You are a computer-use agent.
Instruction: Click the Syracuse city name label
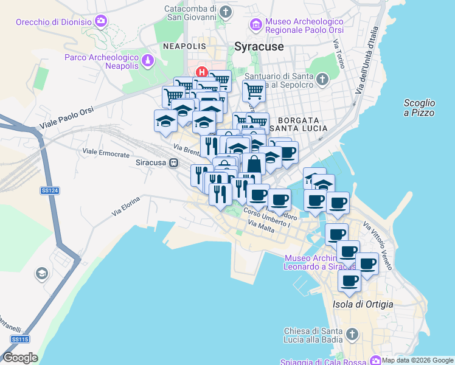click(259, 46)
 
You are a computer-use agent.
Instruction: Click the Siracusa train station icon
click(174, 162)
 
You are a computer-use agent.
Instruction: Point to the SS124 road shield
click(50, 190)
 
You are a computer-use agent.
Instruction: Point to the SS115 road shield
click(19, 339)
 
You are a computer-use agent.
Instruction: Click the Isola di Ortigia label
click(363, 304)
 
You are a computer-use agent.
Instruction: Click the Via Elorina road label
click(126, 206)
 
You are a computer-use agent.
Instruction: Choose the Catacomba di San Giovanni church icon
click(226, 12)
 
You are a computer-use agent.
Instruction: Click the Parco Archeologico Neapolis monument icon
click(148, 61)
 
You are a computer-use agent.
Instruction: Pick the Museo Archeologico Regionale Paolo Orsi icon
click(256, 25)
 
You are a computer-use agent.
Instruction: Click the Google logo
click(20, 358)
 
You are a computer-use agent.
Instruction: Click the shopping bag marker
click(254, 164)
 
